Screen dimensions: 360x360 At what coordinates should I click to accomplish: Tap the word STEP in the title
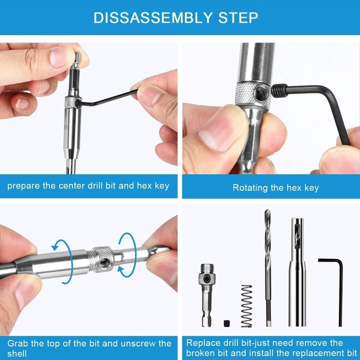238,17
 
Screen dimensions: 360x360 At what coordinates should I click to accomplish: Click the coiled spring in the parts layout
246,306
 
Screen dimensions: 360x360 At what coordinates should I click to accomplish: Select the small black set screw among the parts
227,323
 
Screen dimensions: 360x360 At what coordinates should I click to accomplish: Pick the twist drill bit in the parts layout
267,267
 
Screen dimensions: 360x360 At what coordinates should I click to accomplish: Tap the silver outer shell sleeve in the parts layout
297,272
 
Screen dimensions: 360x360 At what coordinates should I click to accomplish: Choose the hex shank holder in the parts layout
206,295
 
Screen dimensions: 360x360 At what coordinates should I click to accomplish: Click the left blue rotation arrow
62,261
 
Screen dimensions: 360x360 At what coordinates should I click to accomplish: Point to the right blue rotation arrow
127,255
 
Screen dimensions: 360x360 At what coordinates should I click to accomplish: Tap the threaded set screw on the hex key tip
279,90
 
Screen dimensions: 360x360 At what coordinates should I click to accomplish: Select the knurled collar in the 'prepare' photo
73,102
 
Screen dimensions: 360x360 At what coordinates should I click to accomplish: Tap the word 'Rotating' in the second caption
250,188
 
